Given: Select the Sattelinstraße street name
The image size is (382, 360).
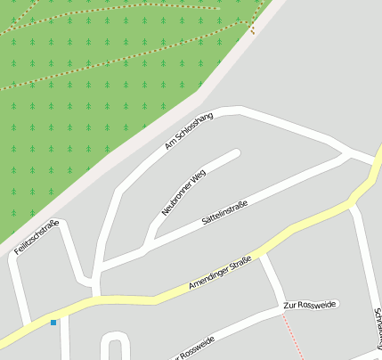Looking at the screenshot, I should click(x=224, y=211).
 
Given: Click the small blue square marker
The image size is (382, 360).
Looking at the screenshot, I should click(x=53, y=322).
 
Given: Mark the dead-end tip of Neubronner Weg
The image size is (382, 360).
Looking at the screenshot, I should click(x=237, y=153).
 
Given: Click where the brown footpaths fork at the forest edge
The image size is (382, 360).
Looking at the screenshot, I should click(x=252, y=29).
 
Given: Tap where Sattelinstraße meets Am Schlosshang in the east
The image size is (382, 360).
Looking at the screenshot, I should click(x=345, y=155).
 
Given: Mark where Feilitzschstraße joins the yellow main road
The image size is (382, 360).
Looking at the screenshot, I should click(x=27, y=323).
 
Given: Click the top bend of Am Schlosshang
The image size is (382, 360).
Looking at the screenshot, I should click(x=233, y=110).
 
